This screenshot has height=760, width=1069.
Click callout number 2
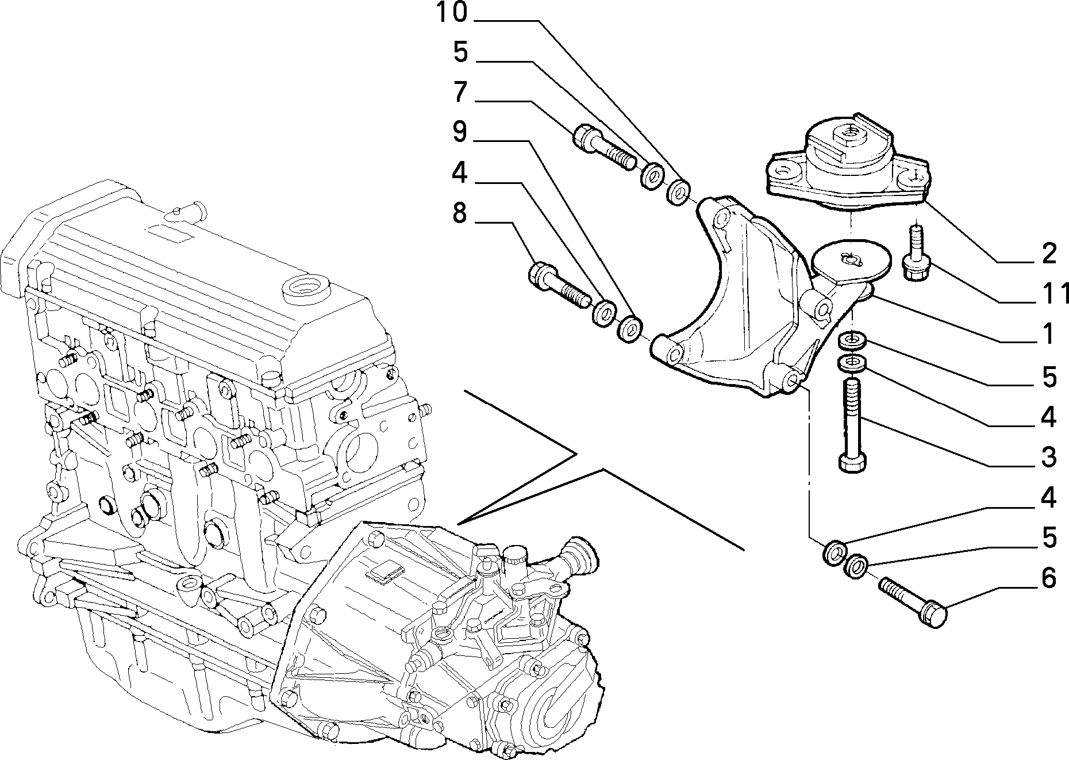[x=1049, y=254]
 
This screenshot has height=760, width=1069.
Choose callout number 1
[x=1049, y=334]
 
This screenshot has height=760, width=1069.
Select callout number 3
[x=1049, y=457]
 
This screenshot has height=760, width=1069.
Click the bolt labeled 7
[x=603, y=147]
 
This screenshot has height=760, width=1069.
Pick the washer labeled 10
[x=679, y=191]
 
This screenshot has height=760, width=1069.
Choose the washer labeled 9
[x=631, y=329]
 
